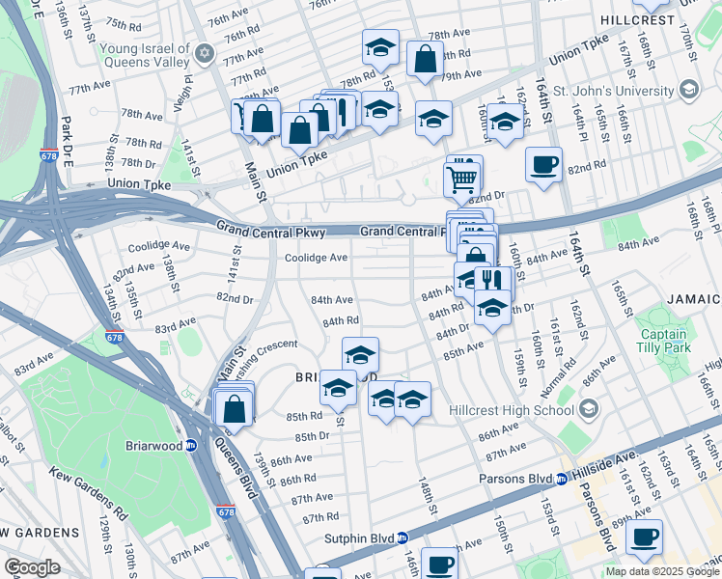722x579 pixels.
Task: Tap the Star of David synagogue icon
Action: pos(203,51)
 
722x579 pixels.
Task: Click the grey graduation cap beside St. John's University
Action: pos(689,91)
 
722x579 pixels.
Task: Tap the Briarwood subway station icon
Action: pos(191,446)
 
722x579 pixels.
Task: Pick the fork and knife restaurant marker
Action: pos(492,281)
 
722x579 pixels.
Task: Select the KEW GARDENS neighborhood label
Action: pos(40,533)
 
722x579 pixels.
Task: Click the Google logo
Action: pos(31,567)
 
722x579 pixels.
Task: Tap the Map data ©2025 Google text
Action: pos(662,571)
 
